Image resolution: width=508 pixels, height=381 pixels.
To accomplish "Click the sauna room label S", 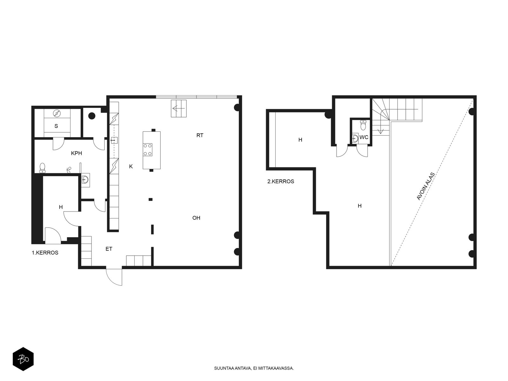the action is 56,126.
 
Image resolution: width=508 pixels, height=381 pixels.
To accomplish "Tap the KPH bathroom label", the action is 77,153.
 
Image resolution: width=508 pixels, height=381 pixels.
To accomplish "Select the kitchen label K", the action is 131,166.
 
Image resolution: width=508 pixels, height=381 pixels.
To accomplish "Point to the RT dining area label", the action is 200,135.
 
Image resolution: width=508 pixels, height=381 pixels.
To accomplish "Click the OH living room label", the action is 196,218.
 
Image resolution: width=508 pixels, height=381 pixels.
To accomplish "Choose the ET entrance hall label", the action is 109,249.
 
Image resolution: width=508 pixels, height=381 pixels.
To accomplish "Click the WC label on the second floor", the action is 364,137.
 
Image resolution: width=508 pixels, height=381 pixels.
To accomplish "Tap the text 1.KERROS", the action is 45,253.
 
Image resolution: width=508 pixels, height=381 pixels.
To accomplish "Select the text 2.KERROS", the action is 281,181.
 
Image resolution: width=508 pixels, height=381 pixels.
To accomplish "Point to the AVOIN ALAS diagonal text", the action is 425,186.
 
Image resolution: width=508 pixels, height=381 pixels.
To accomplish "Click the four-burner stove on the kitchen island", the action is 148,150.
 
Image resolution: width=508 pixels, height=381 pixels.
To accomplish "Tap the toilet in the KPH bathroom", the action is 42,168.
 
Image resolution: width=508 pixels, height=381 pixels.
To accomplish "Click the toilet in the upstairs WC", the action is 363,125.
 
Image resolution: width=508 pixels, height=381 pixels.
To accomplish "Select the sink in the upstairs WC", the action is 355,138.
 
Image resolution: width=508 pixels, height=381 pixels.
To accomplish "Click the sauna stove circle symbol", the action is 57,113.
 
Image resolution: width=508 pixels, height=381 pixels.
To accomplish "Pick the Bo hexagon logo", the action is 23,359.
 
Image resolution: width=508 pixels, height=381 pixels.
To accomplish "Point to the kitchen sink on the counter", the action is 114,140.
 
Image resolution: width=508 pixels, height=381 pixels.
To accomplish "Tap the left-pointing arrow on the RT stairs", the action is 179,108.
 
